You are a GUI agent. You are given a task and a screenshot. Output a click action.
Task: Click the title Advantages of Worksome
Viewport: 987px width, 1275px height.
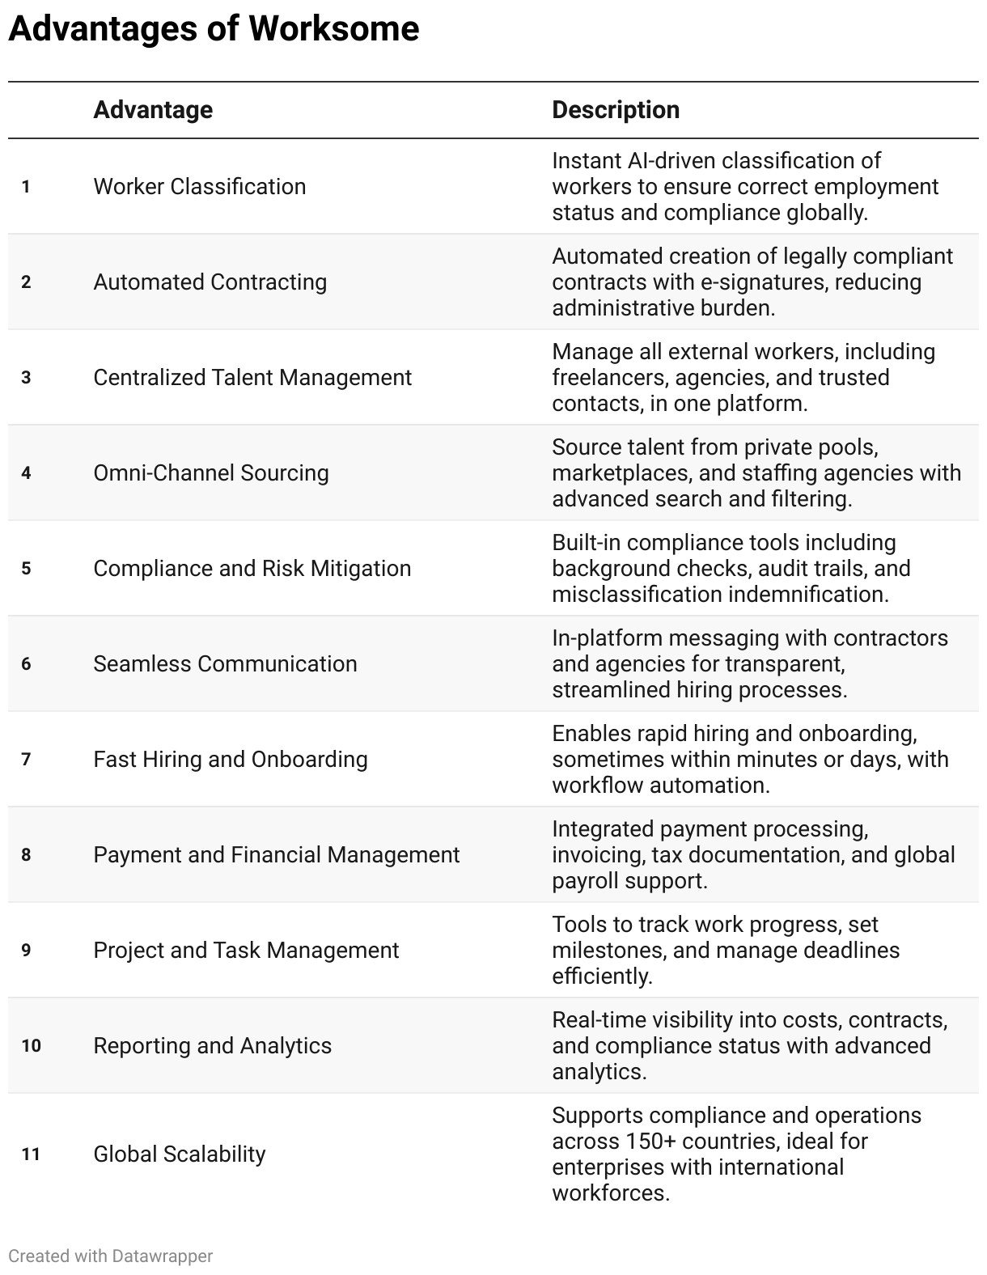(214, 30)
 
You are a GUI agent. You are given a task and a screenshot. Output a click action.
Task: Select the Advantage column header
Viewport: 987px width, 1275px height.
(153, 110)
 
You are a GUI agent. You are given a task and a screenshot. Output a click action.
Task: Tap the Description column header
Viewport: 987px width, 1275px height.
(616, 110)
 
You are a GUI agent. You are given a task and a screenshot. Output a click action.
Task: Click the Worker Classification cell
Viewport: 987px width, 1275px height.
(200, 187)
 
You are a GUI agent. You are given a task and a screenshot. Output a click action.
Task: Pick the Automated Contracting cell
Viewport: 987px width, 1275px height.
(210, 282)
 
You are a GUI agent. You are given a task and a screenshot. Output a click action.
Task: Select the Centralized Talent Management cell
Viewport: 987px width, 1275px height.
(252, 378)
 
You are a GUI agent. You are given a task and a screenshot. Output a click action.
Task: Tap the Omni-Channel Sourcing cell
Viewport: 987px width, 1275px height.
(211, 473)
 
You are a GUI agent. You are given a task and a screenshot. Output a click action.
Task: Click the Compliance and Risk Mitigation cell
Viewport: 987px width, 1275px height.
(252, 569)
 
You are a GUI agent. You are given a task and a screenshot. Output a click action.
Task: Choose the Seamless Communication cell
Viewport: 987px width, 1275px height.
(225, 664)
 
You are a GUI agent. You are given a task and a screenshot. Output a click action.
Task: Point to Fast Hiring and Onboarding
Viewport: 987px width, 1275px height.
(231, 760)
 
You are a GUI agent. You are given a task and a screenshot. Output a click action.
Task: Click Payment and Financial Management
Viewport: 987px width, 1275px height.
(277, 855)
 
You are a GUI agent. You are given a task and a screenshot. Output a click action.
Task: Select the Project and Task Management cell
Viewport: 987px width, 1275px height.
(246, 951)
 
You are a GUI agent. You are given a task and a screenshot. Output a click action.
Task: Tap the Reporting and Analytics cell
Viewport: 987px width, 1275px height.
(213, 1046)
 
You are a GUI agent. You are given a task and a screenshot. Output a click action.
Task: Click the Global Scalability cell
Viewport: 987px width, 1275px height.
(180, 1154)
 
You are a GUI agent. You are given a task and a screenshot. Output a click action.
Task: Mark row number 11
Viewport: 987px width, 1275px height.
(31, 1154)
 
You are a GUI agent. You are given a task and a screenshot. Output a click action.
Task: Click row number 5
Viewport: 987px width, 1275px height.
(27, 569)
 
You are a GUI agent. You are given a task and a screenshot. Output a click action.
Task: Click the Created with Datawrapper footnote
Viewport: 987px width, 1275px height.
(111, 1256)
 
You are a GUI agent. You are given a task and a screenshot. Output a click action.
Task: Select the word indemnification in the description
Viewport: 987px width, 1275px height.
(808, 595)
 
